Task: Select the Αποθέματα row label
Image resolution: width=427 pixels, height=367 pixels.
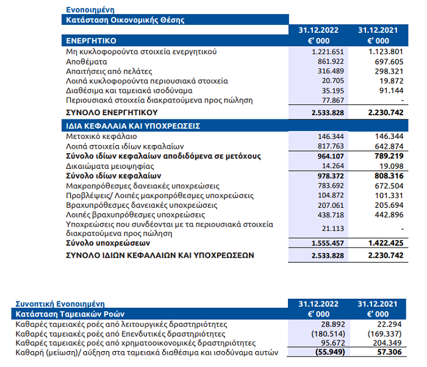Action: [x=87, y=62]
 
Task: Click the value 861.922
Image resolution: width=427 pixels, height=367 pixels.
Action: [x=331, y=62]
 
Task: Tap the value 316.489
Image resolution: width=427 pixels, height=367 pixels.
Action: [x=331, y=71]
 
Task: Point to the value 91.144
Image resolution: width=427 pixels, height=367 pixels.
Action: [x=391, y=90]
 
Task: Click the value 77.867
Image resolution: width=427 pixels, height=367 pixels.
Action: [x=333, y=100]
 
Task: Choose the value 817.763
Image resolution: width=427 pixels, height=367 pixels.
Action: [x=331, y=146]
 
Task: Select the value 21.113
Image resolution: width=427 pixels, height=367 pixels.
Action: [x=333, y=229]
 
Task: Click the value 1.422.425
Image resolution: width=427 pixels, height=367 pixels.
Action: [x=386, y=243]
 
